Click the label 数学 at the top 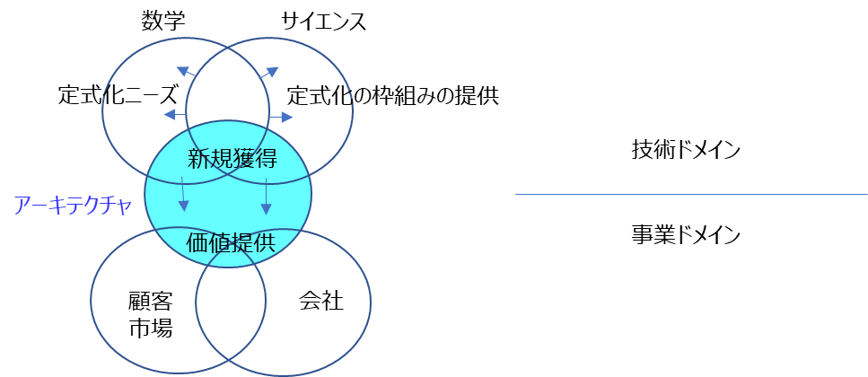pyautogui.click(x=162, y=21)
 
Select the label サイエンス pyautogui.click(x=324, y=22)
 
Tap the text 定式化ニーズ pyautogui.click(x=118, y=95)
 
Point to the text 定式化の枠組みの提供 pyautogui.click(x=393, y=96)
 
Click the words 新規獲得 pyautogui.click(x=232, y=160)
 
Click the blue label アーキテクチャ pyautogui.click(x=73, y=206)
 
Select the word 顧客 pyautogui.click(x=151, y=302)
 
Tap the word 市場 pyautogui.click(x=151, y=329)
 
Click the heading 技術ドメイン pyautogui.click(x=686, y=150)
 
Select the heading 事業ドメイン pyautogui.click(x=686, y=235)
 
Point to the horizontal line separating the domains pyautogui.click(x=691, y=194)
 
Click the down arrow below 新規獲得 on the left pyautogui.click(x=183, y=194)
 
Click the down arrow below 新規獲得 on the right pyautogui.click(x=267, y=196)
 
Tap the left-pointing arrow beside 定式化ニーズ pyautogui.click(x=175, y=115)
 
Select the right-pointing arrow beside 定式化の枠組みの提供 pyautogui.click(x=281, y=117)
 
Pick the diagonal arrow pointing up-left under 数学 pyautogui.click(x=187, y=72)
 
